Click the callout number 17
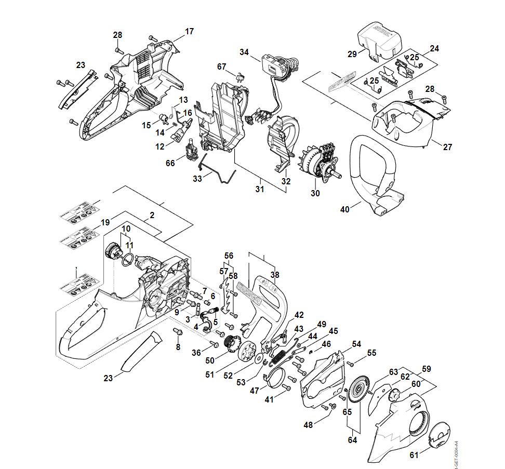point(189,32)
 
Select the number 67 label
point(222,66)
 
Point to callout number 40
point(344,209)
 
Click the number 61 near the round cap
point(414,455)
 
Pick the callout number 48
point(309,425)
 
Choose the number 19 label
point(105,222)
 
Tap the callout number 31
point(260,189)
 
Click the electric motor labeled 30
point(318,160)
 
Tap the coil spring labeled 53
point(279,358)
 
